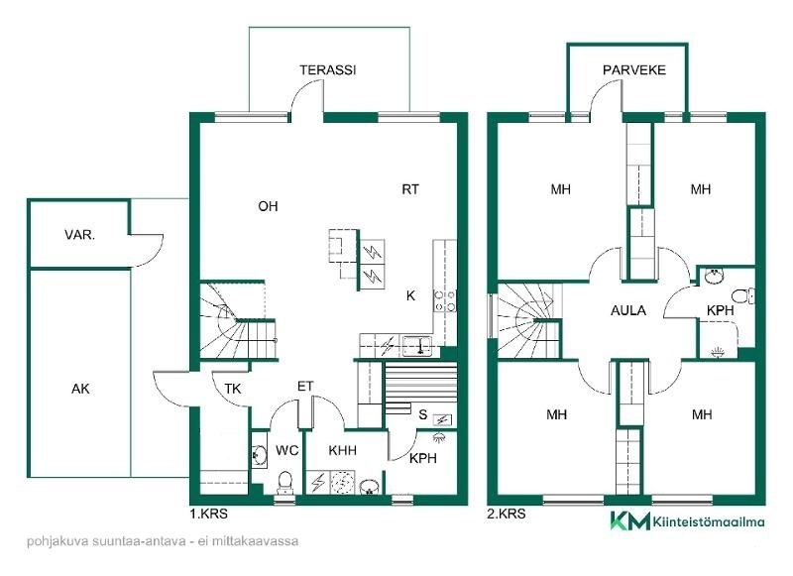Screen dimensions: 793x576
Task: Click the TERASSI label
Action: coord(328,69)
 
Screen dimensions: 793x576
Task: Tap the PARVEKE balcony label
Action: coord(633,69)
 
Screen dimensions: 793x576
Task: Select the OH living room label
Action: coord(268,206)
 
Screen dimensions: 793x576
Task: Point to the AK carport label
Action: coord(80,389)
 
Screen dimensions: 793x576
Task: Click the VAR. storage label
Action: coord(80,235)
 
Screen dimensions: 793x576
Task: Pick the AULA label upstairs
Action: coord(628,310)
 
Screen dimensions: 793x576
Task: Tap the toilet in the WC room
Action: coord(285,482)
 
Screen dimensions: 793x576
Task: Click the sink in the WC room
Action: coord(260,455)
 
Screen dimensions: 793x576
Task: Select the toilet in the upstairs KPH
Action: coord(744,295)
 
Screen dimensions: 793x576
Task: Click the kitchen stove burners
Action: coord(444,300)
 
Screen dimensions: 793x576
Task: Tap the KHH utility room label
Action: coord(342,450)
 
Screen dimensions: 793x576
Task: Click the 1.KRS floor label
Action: coord(208,514)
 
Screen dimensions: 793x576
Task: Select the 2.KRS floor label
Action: coord(507,514)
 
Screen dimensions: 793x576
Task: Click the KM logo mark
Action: coord(629,520)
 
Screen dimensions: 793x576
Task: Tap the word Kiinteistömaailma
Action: coord(709,521)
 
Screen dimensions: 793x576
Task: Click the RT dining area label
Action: coord(410,189)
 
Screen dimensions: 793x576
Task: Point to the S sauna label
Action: coord(423,414)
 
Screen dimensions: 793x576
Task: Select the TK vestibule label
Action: coord(233,389)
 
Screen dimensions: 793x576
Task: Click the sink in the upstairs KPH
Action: coord(714,276)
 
